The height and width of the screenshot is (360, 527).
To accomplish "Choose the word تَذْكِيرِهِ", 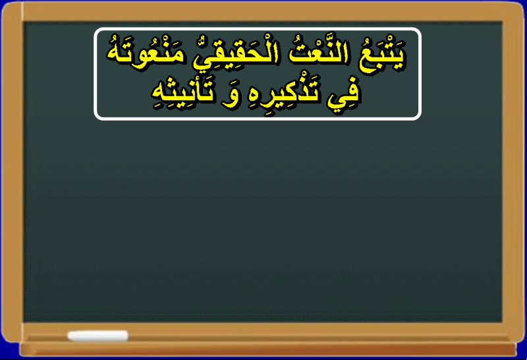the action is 284,92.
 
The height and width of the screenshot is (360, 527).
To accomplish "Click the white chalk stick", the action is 97,336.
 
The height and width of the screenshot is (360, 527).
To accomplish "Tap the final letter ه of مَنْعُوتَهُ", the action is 114,56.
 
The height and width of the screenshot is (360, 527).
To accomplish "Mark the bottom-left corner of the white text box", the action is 95,119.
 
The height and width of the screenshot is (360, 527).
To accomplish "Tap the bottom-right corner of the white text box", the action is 420,119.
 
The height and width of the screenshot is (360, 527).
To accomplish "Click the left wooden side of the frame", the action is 12,171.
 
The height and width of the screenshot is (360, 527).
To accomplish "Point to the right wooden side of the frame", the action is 514,171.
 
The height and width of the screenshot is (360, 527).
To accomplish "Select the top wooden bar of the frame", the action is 263,11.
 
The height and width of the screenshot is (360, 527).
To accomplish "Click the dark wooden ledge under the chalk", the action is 267,349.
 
